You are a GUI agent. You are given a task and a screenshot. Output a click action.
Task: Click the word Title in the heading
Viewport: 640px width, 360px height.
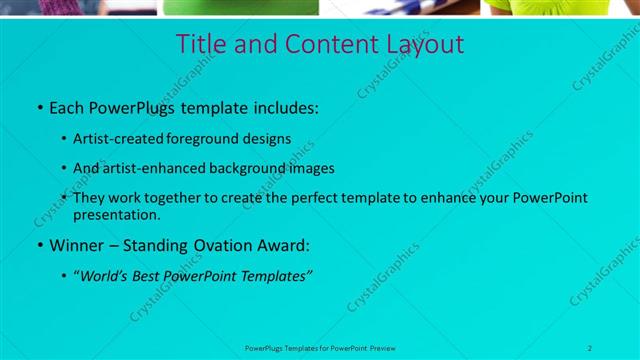pos(200,45)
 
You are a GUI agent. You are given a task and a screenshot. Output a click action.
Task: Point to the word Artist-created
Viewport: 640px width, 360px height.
pos(122,139)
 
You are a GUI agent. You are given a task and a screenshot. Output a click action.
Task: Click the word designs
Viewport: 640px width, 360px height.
pos(271,139)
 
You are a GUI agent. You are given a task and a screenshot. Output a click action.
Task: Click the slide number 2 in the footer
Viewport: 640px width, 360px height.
pos(590,347)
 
